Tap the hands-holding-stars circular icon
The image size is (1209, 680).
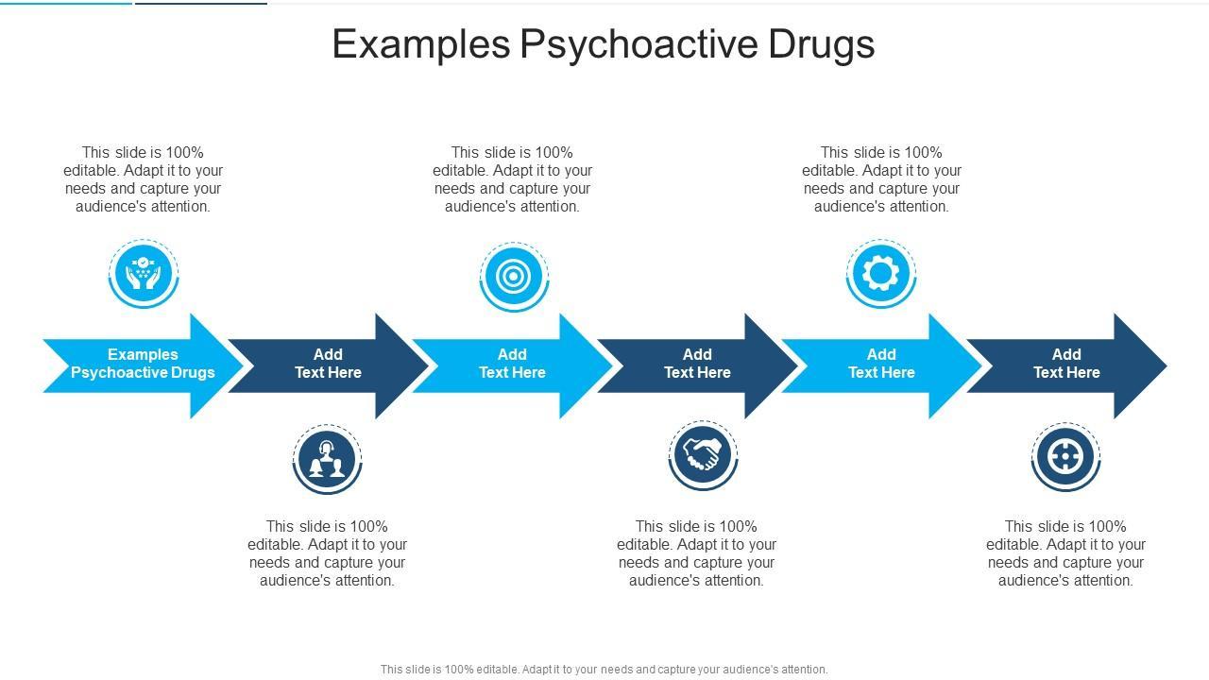click(x=143, y=273)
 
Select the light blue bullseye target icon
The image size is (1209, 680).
click(x=513, y=276)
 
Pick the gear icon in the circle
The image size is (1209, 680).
click(x=880, y=273)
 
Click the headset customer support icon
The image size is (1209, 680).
click(x=327, y=459)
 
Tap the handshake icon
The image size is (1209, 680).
click(x=702, y=456)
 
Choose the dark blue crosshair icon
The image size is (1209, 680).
click(x=1065, y=457)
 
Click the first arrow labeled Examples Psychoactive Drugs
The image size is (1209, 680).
click(x=143, y=365)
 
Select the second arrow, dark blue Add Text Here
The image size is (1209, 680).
click(x=328, y=365)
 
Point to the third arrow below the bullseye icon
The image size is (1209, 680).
click(x=512, y=365)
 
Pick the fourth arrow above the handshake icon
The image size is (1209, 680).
click(x=697, y=365)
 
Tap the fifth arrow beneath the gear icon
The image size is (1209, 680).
click(x=881, y=365)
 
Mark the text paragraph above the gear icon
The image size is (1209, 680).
click(x=881, y=179)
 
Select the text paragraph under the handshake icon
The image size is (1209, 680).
click(x=697, y=553)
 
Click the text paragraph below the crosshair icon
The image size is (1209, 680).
click(x=1065, y=553)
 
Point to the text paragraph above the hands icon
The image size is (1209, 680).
click(x=143, y=179)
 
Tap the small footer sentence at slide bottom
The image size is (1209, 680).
click(x=604, y=670)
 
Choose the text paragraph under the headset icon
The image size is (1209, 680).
click(x=328, y=553)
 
